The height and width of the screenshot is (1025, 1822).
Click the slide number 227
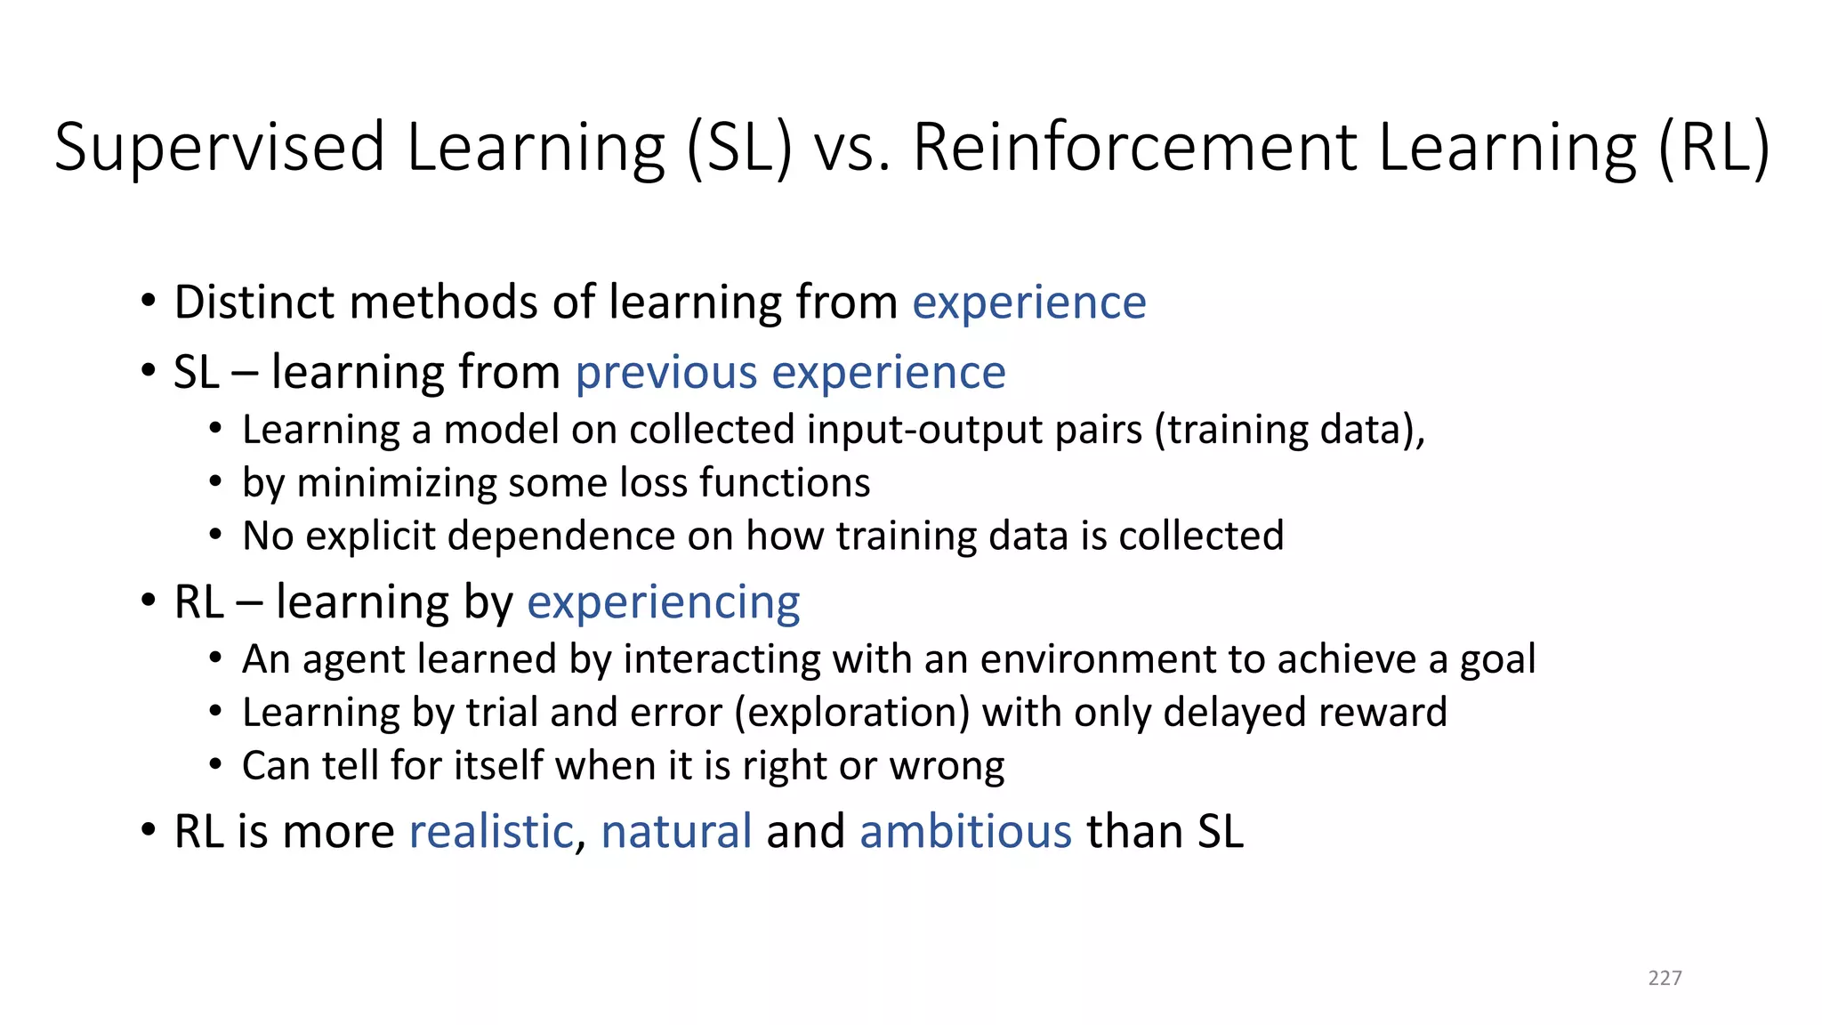[x=1665, y=978]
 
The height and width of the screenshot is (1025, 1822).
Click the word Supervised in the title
[x=220, y=148]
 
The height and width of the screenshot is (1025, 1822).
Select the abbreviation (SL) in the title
[x=738, y=148]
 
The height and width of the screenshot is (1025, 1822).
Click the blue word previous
[x=666, y=372]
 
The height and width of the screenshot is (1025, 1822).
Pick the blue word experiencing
[x=663, y=602]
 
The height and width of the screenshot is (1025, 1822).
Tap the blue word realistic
[x=491, y=832]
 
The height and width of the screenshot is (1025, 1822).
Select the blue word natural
[x=676, y=832]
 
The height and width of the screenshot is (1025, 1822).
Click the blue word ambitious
[x=965, y=832]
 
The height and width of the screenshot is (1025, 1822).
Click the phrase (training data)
[x=1289, y=431]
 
